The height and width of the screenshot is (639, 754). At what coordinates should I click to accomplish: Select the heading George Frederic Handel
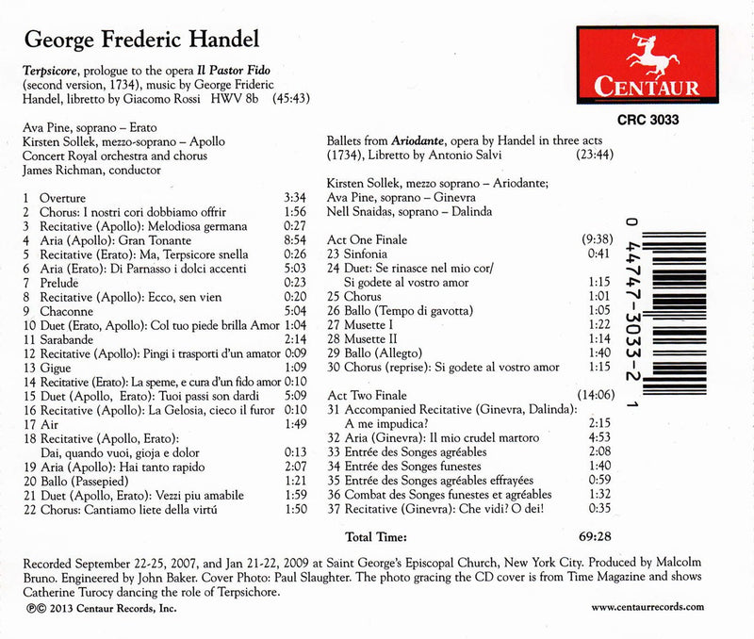(x=140, y=41)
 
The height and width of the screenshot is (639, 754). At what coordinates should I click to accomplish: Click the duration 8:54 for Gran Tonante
(x=295, y=241)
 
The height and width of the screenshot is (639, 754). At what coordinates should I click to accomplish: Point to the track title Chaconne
(x=67, y=311)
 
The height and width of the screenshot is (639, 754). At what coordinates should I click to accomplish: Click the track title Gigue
(x=55, y=368)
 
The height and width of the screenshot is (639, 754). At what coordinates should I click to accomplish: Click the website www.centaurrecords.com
(x=647, y=608)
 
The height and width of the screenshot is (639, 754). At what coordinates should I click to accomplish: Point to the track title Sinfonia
(x=369, y=254)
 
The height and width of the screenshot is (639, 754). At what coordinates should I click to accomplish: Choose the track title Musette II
(x=374, y=339)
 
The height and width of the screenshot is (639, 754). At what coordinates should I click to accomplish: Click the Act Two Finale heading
(x=369, y=397)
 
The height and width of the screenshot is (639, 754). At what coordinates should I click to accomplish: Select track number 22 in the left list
(x=27, y=509)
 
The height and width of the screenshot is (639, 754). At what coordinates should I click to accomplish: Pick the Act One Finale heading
(x=368, y=240)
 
